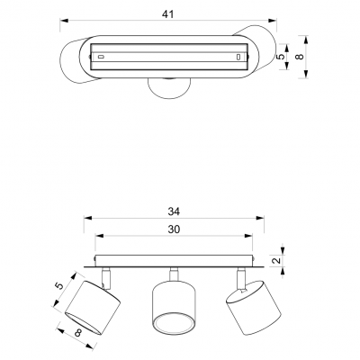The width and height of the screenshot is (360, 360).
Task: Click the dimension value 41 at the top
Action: pos(167,14)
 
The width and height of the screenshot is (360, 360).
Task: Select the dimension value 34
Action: pos(174,211)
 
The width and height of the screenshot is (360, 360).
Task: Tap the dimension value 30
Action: pos(174,229)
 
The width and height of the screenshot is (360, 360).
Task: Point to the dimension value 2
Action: pos(277,260)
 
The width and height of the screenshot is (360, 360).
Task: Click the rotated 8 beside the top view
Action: pos(300,56)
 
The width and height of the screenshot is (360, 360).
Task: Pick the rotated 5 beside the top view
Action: pos(280,57)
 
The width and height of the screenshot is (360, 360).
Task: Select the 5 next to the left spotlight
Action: pos(60,286)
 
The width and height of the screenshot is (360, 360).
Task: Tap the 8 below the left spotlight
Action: pos(78,332)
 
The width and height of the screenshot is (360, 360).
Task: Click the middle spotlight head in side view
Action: pos(174,309)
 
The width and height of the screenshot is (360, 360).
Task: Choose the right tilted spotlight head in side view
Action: pos(254,308)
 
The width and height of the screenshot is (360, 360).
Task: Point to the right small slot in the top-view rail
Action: pos(238,57)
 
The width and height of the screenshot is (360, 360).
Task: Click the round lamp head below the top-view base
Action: pos(169,88)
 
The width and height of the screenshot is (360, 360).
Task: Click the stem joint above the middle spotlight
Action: pos(174,274)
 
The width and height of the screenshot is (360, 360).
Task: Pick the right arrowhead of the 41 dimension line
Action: pos(273,21)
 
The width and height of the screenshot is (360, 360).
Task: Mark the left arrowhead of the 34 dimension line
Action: pos(87,218)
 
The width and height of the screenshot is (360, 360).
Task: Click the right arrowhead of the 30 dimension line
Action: pos(248,236)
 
